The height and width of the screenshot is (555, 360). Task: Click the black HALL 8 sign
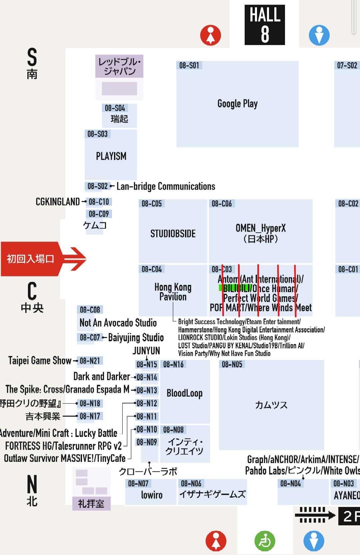(x=265, y=25)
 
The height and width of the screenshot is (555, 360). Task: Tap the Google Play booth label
(x=237, y=104)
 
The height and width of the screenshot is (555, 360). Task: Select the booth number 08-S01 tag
(x=189, y=65)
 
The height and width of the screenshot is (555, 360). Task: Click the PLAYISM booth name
(x=111, y=156)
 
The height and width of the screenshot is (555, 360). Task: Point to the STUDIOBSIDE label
(x=173, y=234)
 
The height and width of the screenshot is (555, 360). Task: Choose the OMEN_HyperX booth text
(x=260, y=233)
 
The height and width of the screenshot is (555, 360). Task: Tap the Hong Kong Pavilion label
(x=173, y=292)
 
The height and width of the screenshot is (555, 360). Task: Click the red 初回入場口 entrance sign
(x=30, y=259)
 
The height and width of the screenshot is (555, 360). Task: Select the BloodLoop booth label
(x=184, y=393)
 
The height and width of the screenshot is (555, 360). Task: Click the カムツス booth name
(x=271, y=405)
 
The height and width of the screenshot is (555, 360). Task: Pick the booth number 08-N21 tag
(x=90, y=361)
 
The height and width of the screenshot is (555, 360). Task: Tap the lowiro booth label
(x=152, y=495)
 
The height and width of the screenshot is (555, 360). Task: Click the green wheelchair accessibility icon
(x=265, y=541)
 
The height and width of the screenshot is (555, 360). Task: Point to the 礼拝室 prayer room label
(x=91, y=503)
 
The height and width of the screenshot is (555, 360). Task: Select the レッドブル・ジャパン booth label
(x=119, y=66)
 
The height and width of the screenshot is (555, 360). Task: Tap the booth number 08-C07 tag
(x=90, y=338)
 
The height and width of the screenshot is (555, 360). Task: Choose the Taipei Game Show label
(x=40, y=361)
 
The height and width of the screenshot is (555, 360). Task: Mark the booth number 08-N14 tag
(x=147, y=377)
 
